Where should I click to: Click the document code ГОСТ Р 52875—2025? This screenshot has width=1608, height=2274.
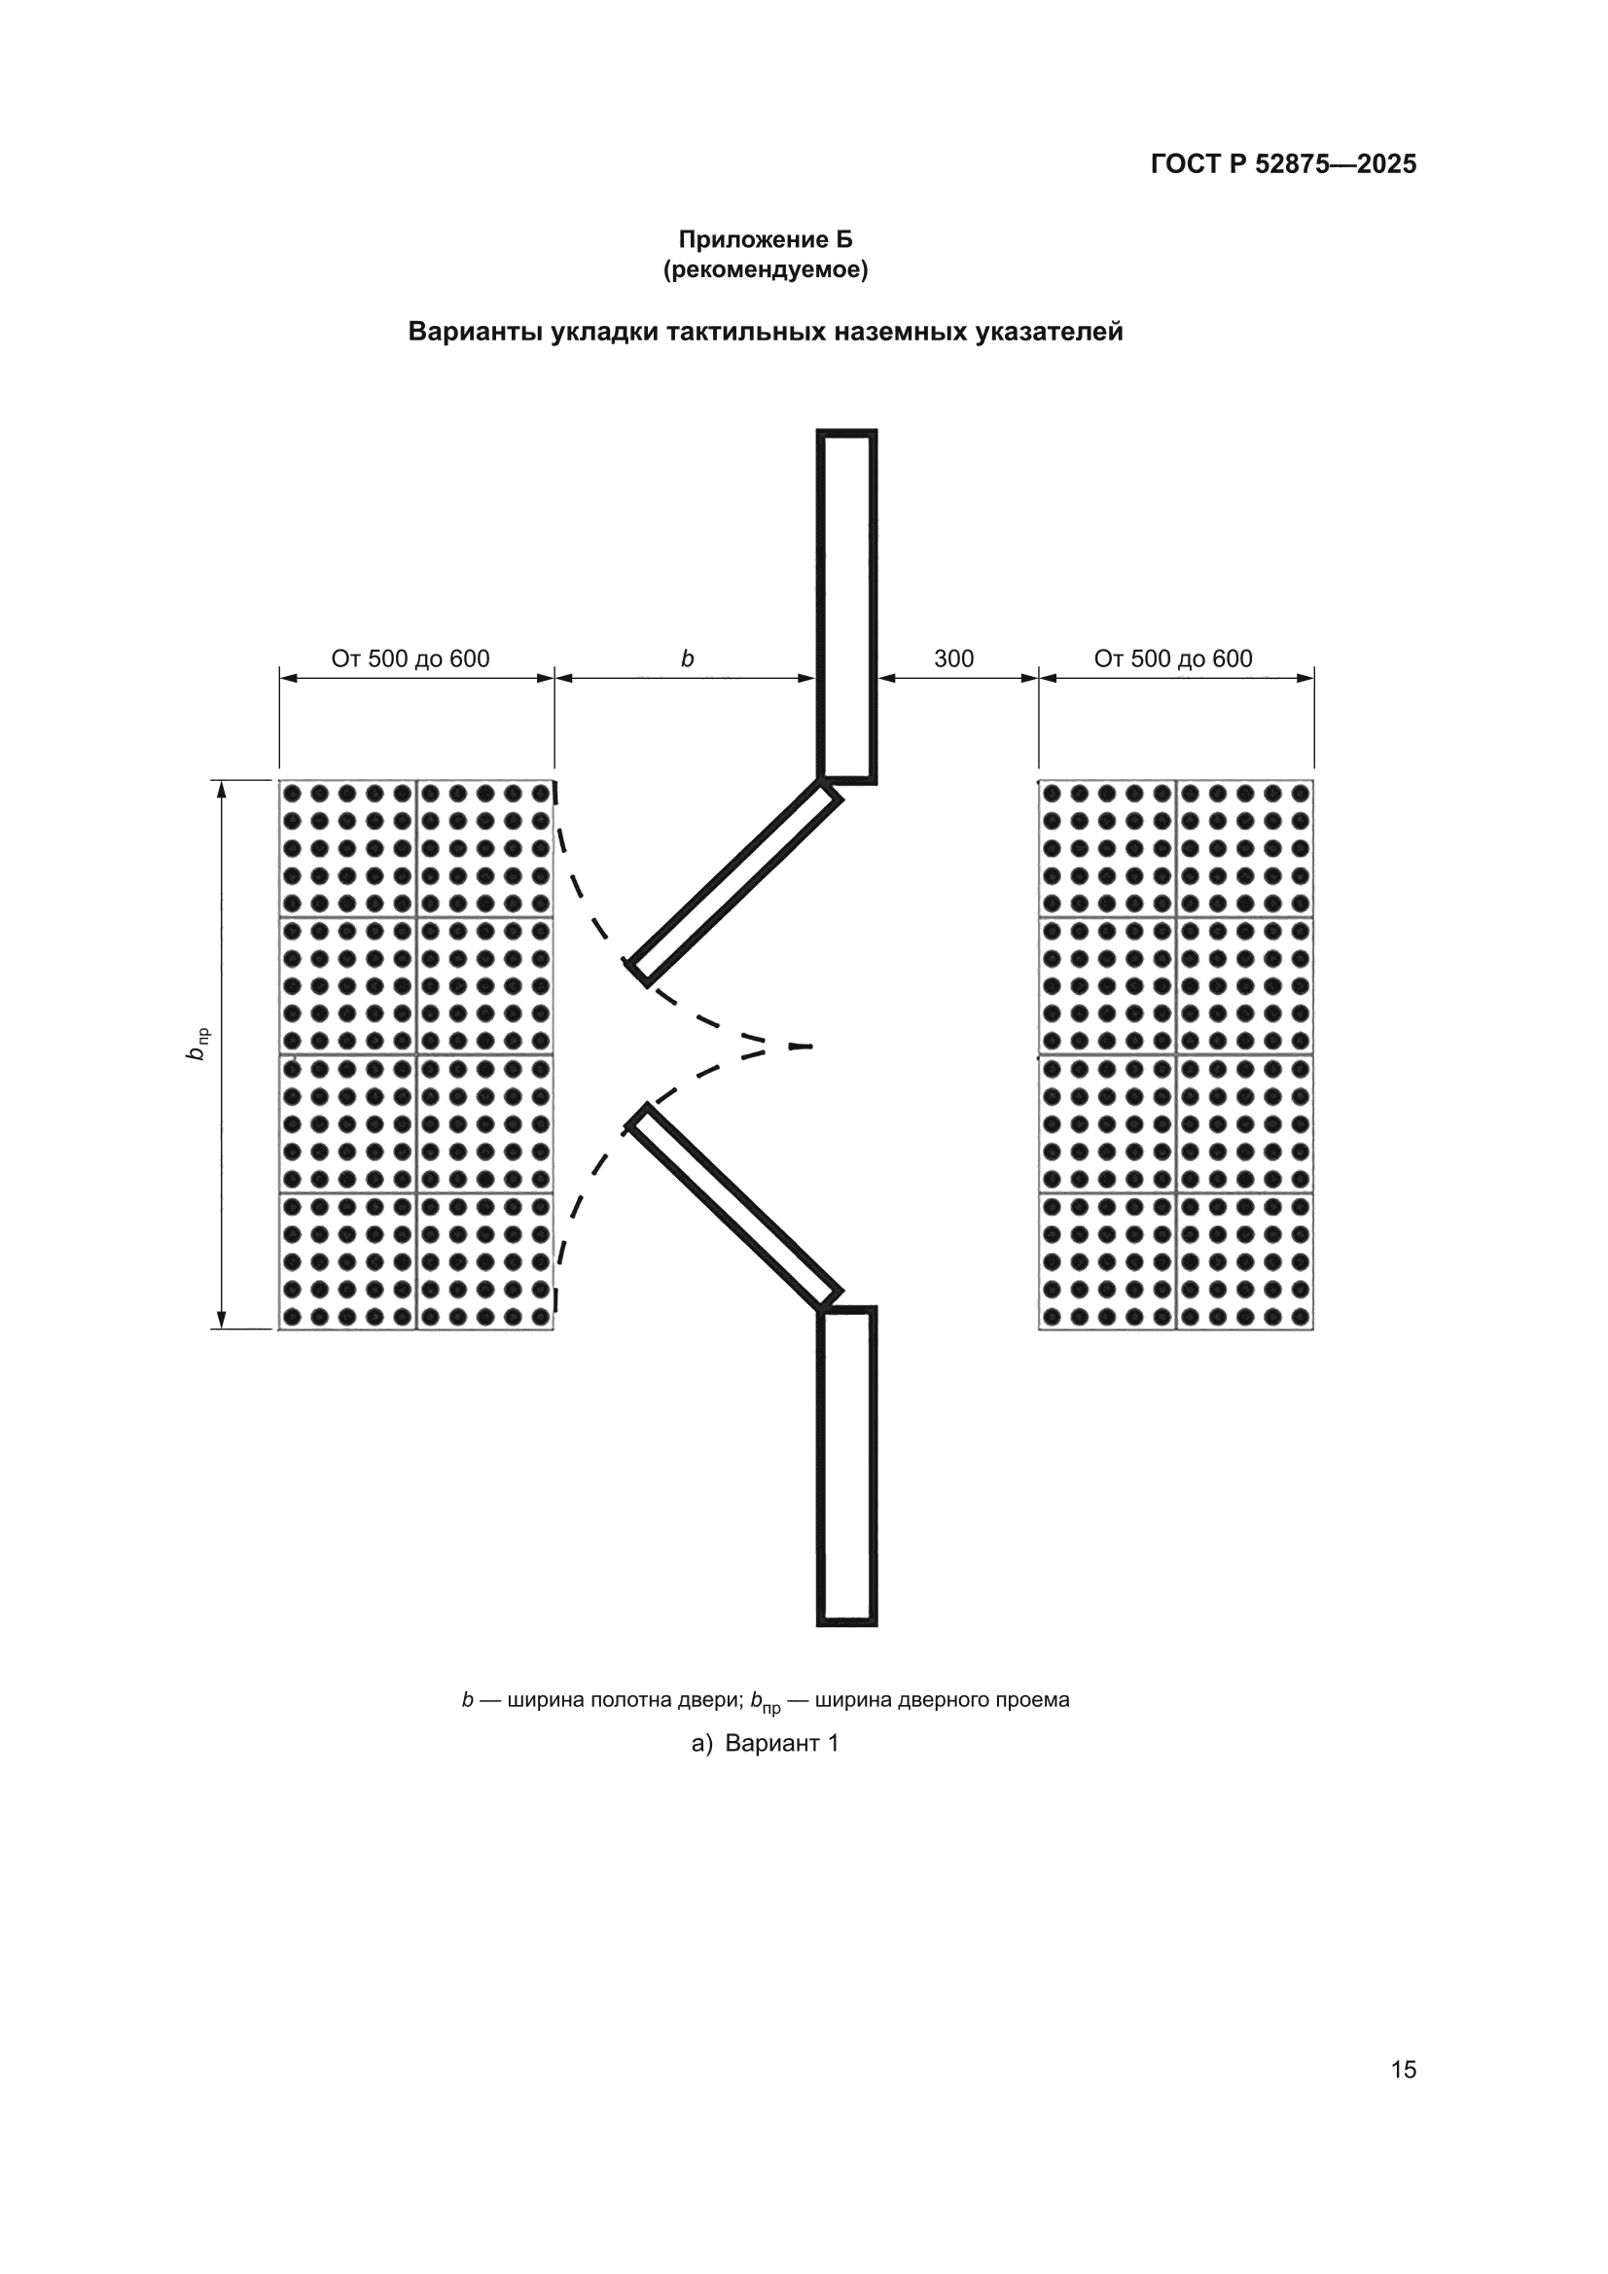coord(1283,164)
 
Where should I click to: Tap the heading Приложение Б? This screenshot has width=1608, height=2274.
coord(765,239)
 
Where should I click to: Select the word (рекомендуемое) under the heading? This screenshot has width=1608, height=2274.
coord(765,269)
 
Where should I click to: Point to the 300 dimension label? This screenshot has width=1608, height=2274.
coord(954,658)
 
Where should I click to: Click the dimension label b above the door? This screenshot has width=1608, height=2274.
coord(687,658)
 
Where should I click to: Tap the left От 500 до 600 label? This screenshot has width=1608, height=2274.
coord(411,658)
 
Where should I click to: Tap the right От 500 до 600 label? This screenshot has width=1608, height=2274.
coord(1173,658)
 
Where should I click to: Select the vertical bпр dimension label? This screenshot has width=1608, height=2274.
coord(197,1045)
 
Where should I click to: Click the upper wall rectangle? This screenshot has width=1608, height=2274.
coord(847,607)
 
